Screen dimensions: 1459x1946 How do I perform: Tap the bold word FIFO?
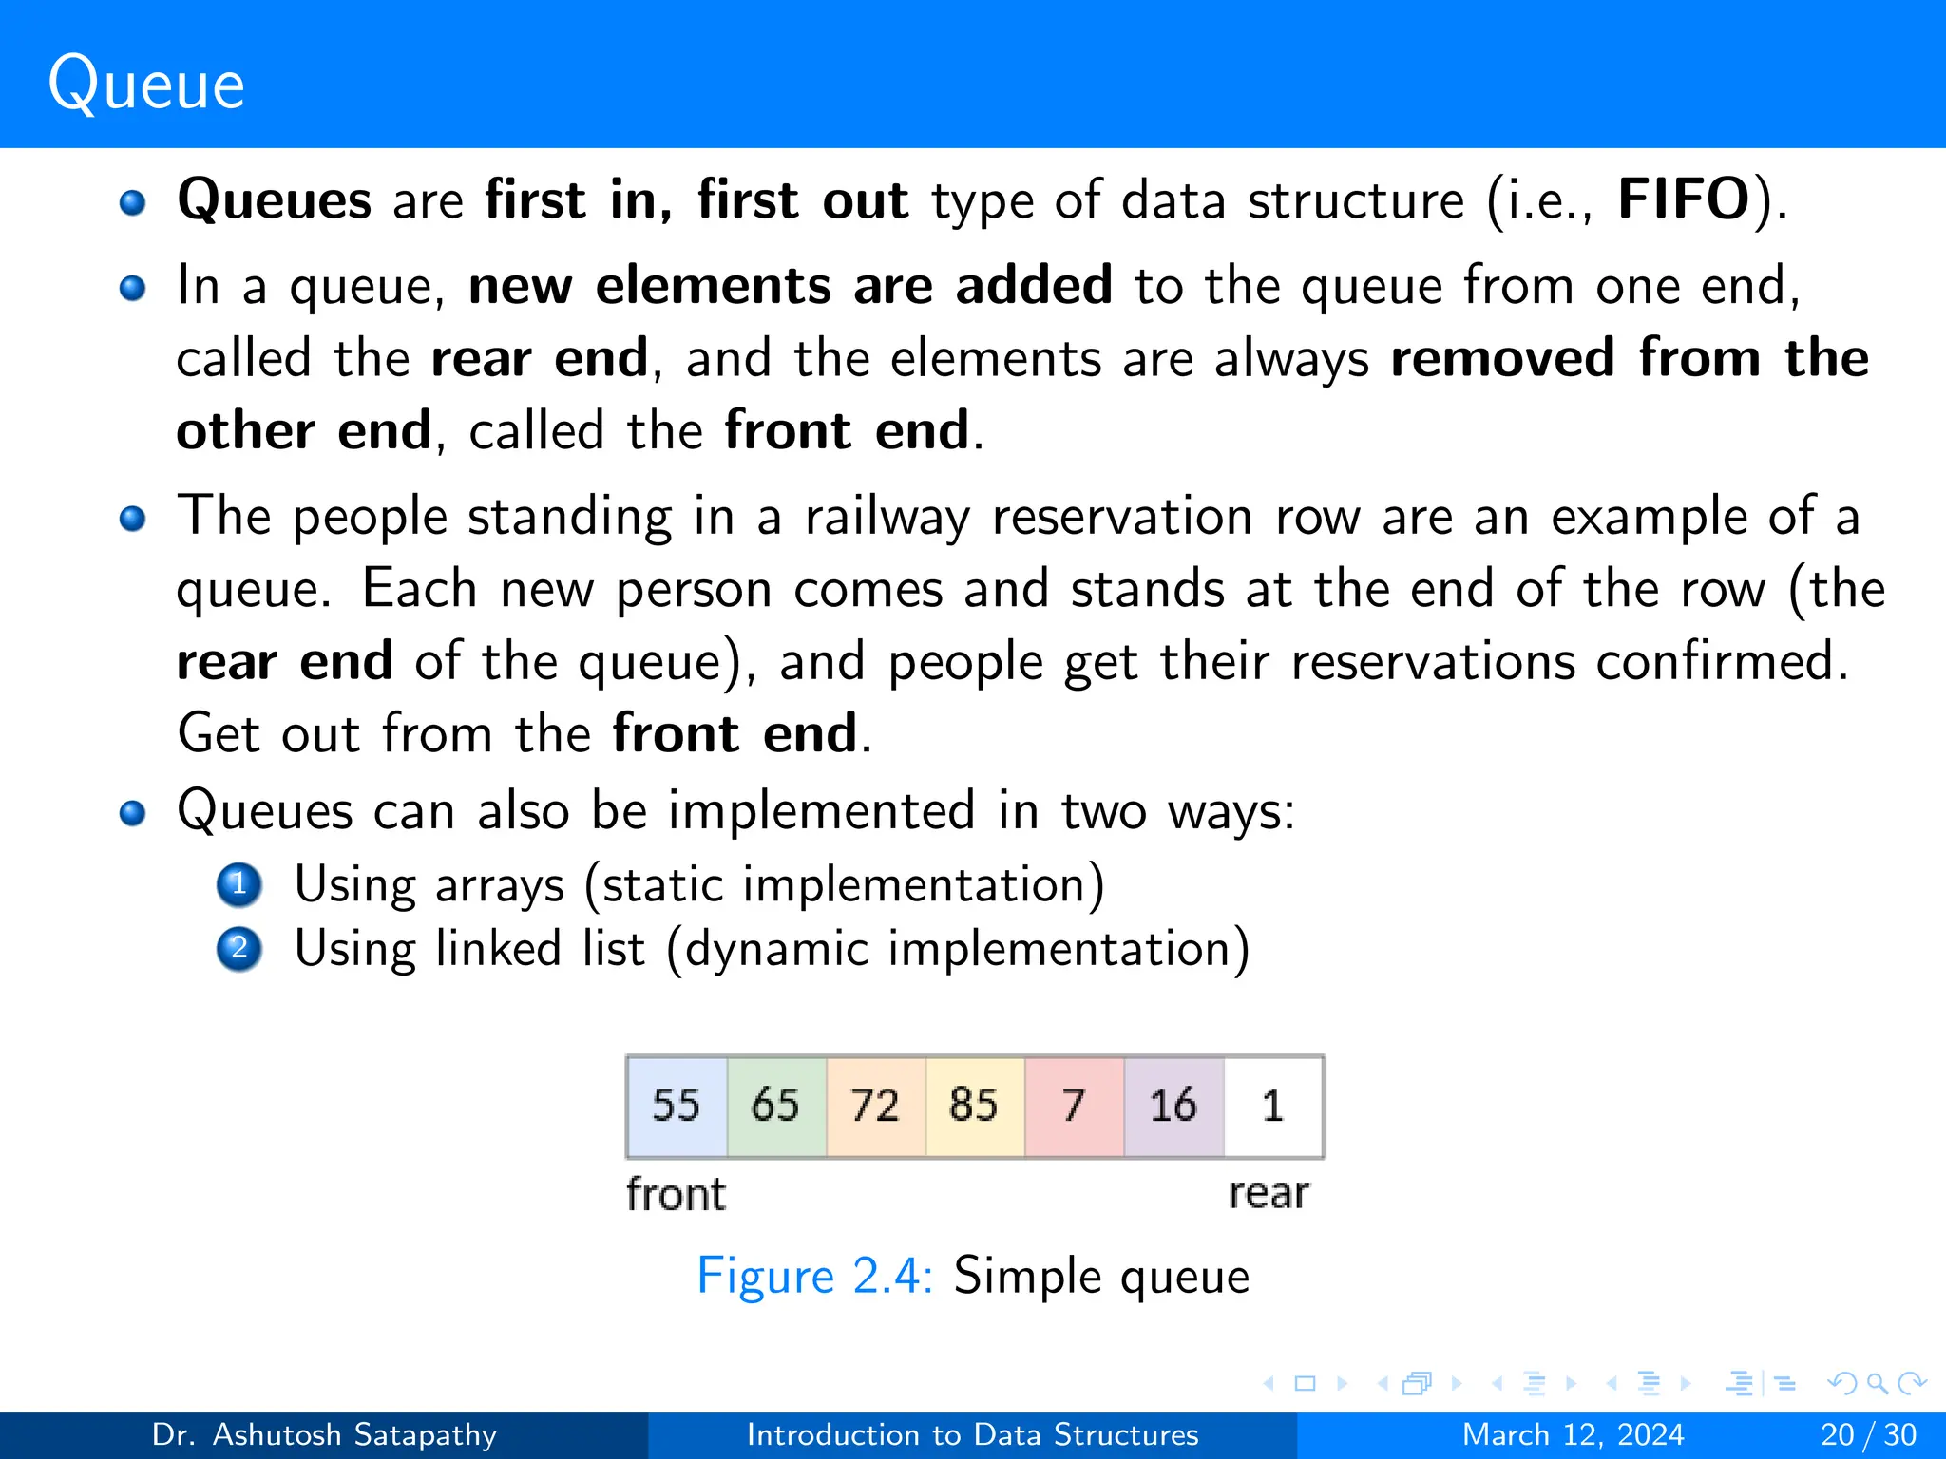[x=1684, y=200]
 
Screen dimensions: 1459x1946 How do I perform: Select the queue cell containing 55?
[x=677, y=1106]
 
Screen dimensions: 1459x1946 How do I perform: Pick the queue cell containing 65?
[x=775, y=1106]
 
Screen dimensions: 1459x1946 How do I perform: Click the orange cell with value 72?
[x=875, y=1106]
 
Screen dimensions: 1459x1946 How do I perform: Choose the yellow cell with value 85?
[x=974, y=1106]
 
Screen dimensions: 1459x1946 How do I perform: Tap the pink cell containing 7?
[x=1074, y=1106]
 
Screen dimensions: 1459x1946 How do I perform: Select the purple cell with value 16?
[x=1173, y=1106]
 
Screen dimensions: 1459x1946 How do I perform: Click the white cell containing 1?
[x=1272, y=1106]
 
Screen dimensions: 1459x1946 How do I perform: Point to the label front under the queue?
[x=676, y=1194]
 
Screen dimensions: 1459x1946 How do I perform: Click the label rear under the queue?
[x=1269, y=1194]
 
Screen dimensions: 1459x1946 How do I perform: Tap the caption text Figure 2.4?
[x=815, y=1276]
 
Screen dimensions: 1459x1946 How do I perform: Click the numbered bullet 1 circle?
[x=239, y=884]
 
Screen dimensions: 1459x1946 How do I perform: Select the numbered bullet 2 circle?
[x=239, y=949]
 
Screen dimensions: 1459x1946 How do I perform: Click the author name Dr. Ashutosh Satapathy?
[x=324, y=1434]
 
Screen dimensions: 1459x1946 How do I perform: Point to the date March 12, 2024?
[x=1573, y=1434]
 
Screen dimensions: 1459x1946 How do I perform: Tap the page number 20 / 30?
[x=1868, y=1434]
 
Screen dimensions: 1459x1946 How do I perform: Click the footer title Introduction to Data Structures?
[x=972, y=1434]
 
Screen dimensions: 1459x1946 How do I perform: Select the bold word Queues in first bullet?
[x=275, y=200]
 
